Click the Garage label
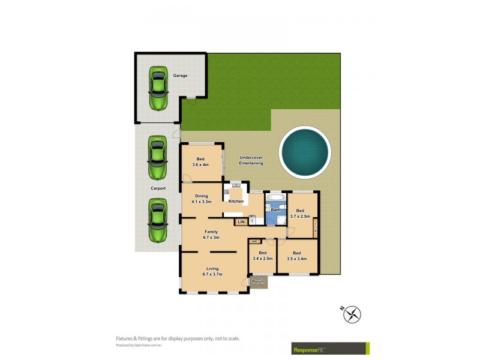(x=180, y=76)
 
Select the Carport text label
(x=158, y=188)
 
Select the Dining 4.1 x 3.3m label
(x=201, y=198)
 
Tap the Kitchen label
(x=236, y=201)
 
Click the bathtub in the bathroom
(x=277, y=197)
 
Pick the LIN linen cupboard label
(x=241, y=222)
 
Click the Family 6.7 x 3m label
(x=211, y=235)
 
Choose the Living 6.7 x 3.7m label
(x=212, y=271)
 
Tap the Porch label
(x=259, y=281)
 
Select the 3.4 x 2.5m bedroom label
(x=263, y=256)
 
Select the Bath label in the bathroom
(x=275, y=210)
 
